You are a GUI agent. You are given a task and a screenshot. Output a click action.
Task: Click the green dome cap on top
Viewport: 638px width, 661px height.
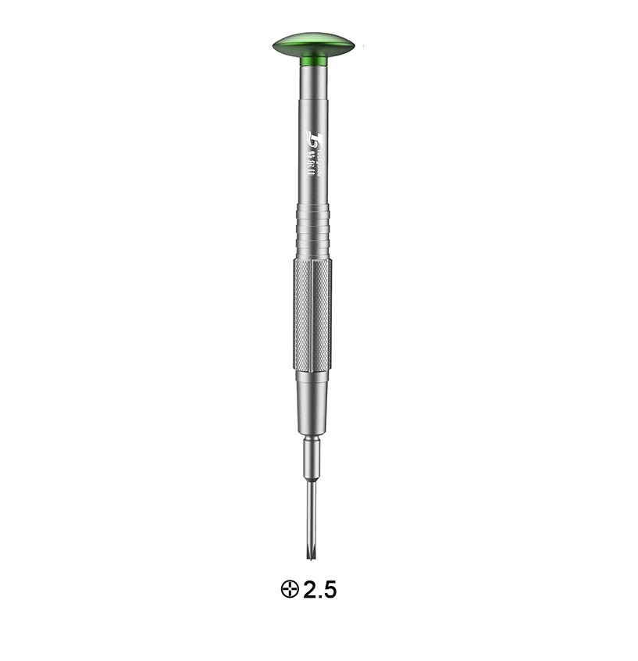[x=314, y=42]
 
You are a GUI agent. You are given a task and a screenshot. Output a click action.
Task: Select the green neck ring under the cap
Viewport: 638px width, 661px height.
[x=314, y=60]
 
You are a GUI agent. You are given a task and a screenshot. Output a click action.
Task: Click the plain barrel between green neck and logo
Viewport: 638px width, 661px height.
[x=314, y=94]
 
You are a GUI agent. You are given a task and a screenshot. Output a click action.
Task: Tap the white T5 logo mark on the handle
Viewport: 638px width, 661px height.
[x=312, y=138]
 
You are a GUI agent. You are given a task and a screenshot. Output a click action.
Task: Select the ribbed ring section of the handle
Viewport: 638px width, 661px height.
[x=314, y=230]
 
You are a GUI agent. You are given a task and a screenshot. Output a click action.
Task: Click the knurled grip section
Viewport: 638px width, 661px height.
[x=313, y=313]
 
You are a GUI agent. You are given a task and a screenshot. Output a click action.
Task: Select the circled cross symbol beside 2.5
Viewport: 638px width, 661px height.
[x=290, y=589]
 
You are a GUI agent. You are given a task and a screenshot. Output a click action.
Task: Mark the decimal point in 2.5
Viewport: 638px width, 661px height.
[x=319, y=597]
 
